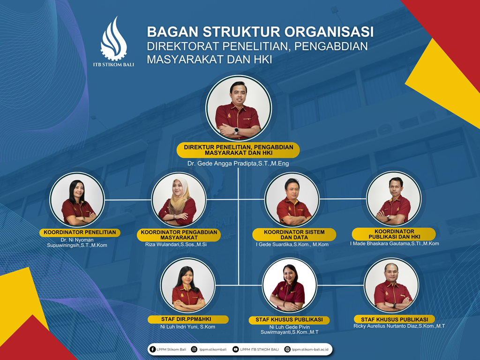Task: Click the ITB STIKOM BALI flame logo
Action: [113, 38]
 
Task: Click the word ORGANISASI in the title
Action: [329, 32]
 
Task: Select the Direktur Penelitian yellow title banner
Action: [238, 150]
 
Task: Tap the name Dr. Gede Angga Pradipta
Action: [238, 164]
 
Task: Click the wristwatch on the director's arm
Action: [236, 131]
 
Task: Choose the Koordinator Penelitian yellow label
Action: [80, 232]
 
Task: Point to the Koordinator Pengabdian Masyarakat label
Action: [179, 235]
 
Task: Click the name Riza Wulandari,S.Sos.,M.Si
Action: [176, 245]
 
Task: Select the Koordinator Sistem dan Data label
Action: [294, 235]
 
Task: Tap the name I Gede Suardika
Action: [292, 245]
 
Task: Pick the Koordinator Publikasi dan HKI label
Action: [394, 234]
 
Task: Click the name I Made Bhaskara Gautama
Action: [395, 244]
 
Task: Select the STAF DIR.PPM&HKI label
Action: [188, 319]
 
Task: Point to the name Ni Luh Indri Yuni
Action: [187, 327]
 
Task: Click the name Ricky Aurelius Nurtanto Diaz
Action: [399, 326]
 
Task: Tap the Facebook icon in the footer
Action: [152, 349]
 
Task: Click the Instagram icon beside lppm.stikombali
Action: [194, 349]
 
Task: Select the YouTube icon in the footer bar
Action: [235, 349]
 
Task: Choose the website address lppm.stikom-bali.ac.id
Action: [310, 349]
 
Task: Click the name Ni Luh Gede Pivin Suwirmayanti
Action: [289, 330]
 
